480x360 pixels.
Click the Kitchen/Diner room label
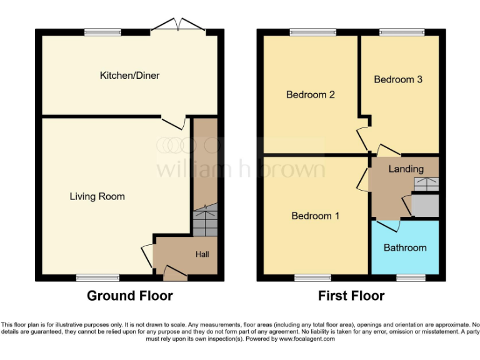(x=129, y=76)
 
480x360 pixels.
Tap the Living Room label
(x=97, y=196)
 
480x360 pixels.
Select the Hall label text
(x=202, y=254)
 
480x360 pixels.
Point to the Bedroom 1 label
(x=315, y=216)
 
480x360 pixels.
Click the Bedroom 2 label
(x=311, y=95)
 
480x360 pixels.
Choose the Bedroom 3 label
(x=398, y=79)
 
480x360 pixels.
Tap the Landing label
(x=406, y=169)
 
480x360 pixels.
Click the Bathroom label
(x=405, y=247)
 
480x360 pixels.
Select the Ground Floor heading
(x=129, y=296)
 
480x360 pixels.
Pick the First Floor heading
(x=351, y=296)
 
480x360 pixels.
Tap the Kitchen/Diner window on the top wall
(x=103, y=31)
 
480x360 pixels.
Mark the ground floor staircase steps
(x=203, y=221)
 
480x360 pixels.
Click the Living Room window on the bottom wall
(x=97, y=276)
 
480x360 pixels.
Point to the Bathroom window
(x=410, y=276)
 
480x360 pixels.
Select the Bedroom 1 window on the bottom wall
(x=313, y=276)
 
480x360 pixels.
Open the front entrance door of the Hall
(x=174, y=270)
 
